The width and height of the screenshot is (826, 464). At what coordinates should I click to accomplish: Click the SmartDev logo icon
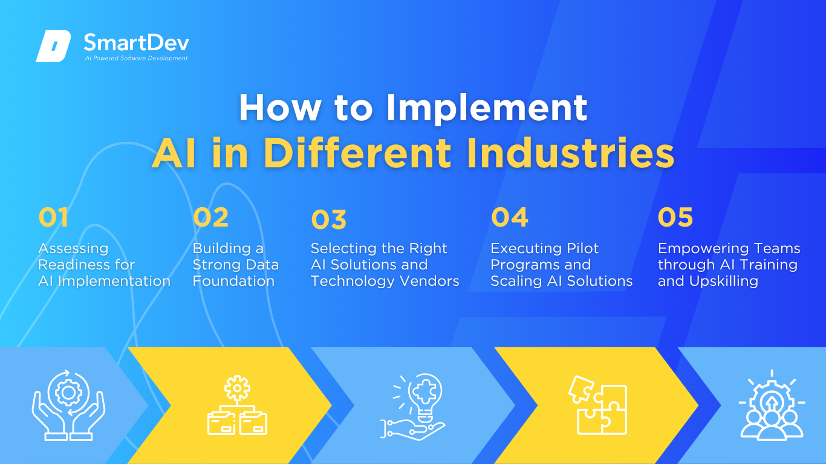[x=53, y=46]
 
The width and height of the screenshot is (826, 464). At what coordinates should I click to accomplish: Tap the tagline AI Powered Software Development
[x=137, y=58]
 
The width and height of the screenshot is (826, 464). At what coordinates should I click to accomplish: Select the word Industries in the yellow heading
[x=570, y=153]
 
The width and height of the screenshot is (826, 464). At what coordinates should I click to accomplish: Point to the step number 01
[x=53, y=217]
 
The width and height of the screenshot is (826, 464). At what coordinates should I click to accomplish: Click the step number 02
[x=211, y=217]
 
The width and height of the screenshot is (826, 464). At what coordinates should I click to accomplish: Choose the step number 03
[x=329, y=219]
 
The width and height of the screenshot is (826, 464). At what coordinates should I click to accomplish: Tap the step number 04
[x=510, y=217]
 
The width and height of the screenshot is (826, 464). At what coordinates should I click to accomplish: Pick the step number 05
[x=675, y=217]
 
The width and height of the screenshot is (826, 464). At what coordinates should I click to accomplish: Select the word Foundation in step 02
[x=234, y=281]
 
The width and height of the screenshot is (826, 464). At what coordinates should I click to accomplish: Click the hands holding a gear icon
[x=68, y=405]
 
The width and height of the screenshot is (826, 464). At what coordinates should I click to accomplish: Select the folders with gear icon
[x=238, y=405]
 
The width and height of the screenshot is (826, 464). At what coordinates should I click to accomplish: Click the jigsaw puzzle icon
[x=598, y=405]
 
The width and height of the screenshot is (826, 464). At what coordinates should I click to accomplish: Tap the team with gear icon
[x=772, y=405]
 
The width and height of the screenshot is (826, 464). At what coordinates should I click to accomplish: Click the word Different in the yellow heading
[x=357, y=153]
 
